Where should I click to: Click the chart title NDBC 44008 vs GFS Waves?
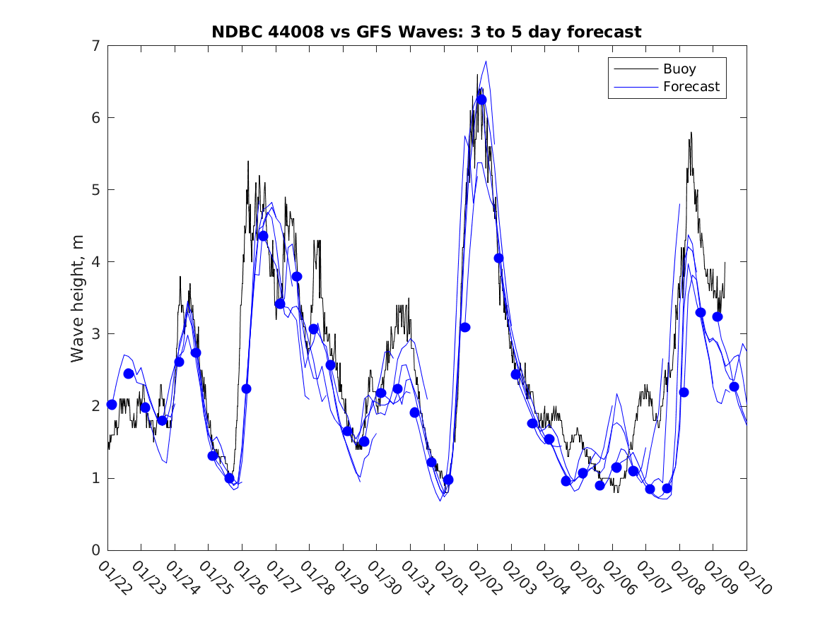pos(426,32)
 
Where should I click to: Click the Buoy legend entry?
pos(679,69)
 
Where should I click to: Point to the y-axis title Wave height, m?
pos(78,297)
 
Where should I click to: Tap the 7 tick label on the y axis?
pos(94,46)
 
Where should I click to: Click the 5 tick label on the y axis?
pos(94,190)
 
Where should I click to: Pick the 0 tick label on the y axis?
pos(94,550)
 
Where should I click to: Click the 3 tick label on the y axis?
pos(94,334)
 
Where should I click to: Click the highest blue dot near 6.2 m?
pos(481,100)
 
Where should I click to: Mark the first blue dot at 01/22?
pos(112,404)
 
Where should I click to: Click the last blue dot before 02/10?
pos(734,386)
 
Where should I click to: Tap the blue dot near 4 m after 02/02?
pos(498,258)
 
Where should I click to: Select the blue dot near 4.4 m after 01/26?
pos(263,236)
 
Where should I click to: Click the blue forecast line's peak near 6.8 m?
pos(486,61)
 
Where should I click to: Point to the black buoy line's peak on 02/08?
pos(691,132)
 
